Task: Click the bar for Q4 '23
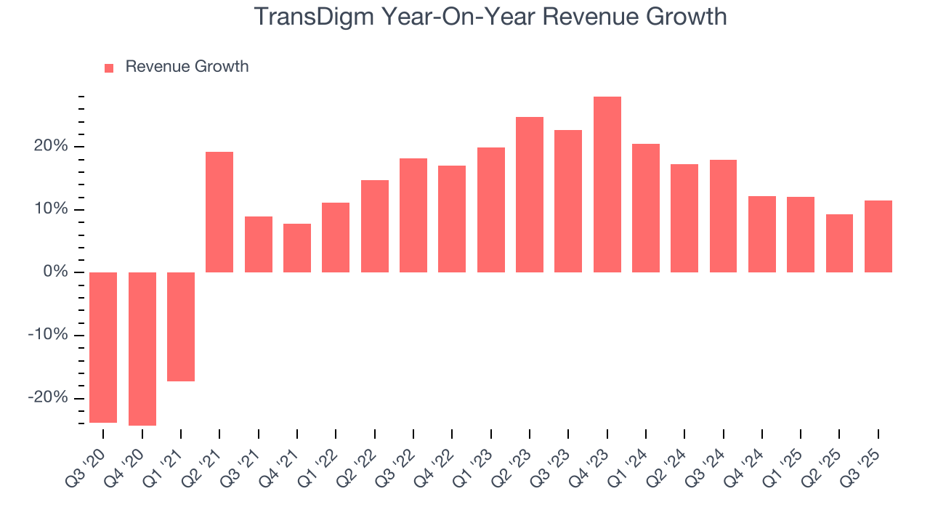coord(607,185)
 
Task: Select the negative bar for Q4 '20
coord(142,349)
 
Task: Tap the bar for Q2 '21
coord(219,212)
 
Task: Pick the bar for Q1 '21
coord(181,327)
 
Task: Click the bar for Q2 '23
coord(530,195)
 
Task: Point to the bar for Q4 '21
coord(297,248)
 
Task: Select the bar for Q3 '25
coord(878,236)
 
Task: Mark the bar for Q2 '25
coord(839,243)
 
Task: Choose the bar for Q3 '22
coord(413,215)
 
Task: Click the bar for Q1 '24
coord(646,208)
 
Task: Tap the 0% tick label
coord(57,272)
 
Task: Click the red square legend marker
coord(109,68)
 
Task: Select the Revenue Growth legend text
coord(187,67)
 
